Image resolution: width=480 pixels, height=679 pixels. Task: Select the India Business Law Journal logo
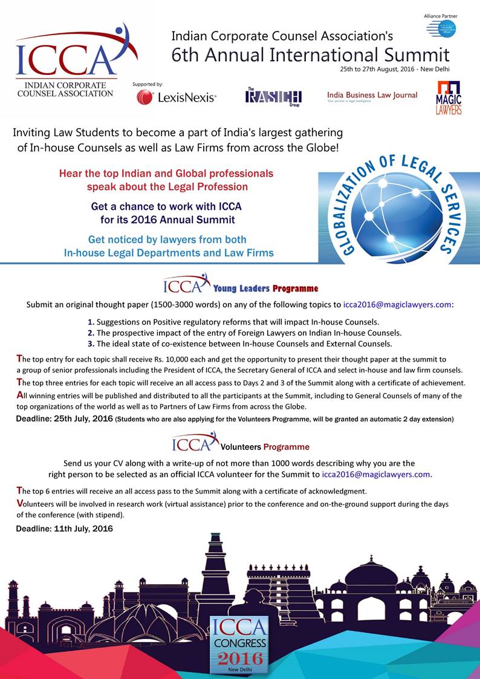pos(372,97)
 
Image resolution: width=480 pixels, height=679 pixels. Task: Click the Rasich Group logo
pos(273,96)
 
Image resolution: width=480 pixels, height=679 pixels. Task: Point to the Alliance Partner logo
pos(441,27)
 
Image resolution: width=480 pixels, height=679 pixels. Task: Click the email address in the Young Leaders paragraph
pos(398,305)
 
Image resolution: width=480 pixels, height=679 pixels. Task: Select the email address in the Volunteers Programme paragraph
pos(376,475)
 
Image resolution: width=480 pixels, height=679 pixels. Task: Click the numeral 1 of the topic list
pos(91,322)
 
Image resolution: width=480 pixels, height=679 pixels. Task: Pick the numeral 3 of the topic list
pos(91,344)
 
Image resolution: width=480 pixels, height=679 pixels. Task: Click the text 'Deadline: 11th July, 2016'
pos(64,529)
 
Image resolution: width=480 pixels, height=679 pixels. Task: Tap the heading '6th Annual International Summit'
pos(310,55)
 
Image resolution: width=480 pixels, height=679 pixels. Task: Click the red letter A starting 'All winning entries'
pos(20,395)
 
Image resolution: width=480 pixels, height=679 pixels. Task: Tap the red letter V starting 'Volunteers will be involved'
pos(20,504)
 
